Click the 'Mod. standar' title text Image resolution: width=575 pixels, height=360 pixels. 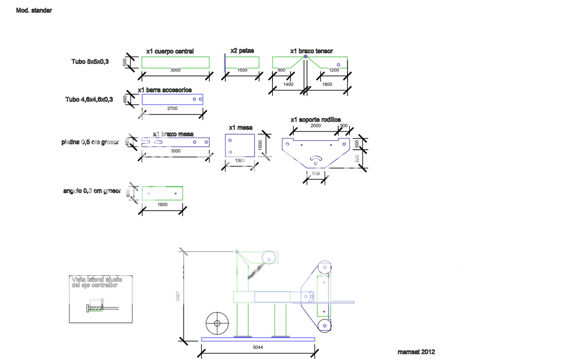tap(34, 11)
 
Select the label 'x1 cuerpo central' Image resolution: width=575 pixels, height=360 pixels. tap(170, 52)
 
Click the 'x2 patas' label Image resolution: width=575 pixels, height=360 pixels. tap(242, 51)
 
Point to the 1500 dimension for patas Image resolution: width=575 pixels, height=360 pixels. tap(242, 71)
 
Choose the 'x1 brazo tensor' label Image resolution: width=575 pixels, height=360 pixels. tap(311, 51)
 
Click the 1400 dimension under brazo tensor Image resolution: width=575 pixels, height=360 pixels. tap(287, 84)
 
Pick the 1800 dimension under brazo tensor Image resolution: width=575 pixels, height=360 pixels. tap(328, 84)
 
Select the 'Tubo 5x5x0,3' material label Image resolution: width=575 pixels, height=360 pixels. tap(90, 61)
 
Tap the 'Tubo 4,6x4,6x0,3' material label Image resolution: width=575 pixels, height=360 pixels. tap(89, 99)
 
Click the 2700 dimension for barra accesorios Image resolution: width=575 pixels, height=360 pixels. tap(172, 108)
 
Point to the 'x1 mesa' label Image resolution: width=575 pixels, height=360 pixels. tap(241, 127)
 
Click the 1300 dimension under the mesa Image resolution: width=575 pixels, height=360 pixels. tap(240, 161)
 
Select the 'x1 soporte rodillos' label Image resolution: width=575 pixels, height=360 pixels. tap(316, 120)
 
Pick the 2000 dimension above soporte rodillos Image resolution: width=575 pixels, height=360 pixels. tap(316, 126)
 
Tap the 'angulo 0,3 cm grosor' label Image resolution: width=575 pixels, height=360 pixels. tap(92, 192)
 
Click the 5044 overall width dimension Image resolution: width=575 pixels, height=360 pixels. tap(257, 348)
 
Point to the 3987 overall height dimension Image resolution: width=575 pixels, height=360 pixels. tap(178, 298)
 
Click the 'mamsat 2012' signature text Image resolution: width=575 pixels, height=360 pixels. tap(416, 352)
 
